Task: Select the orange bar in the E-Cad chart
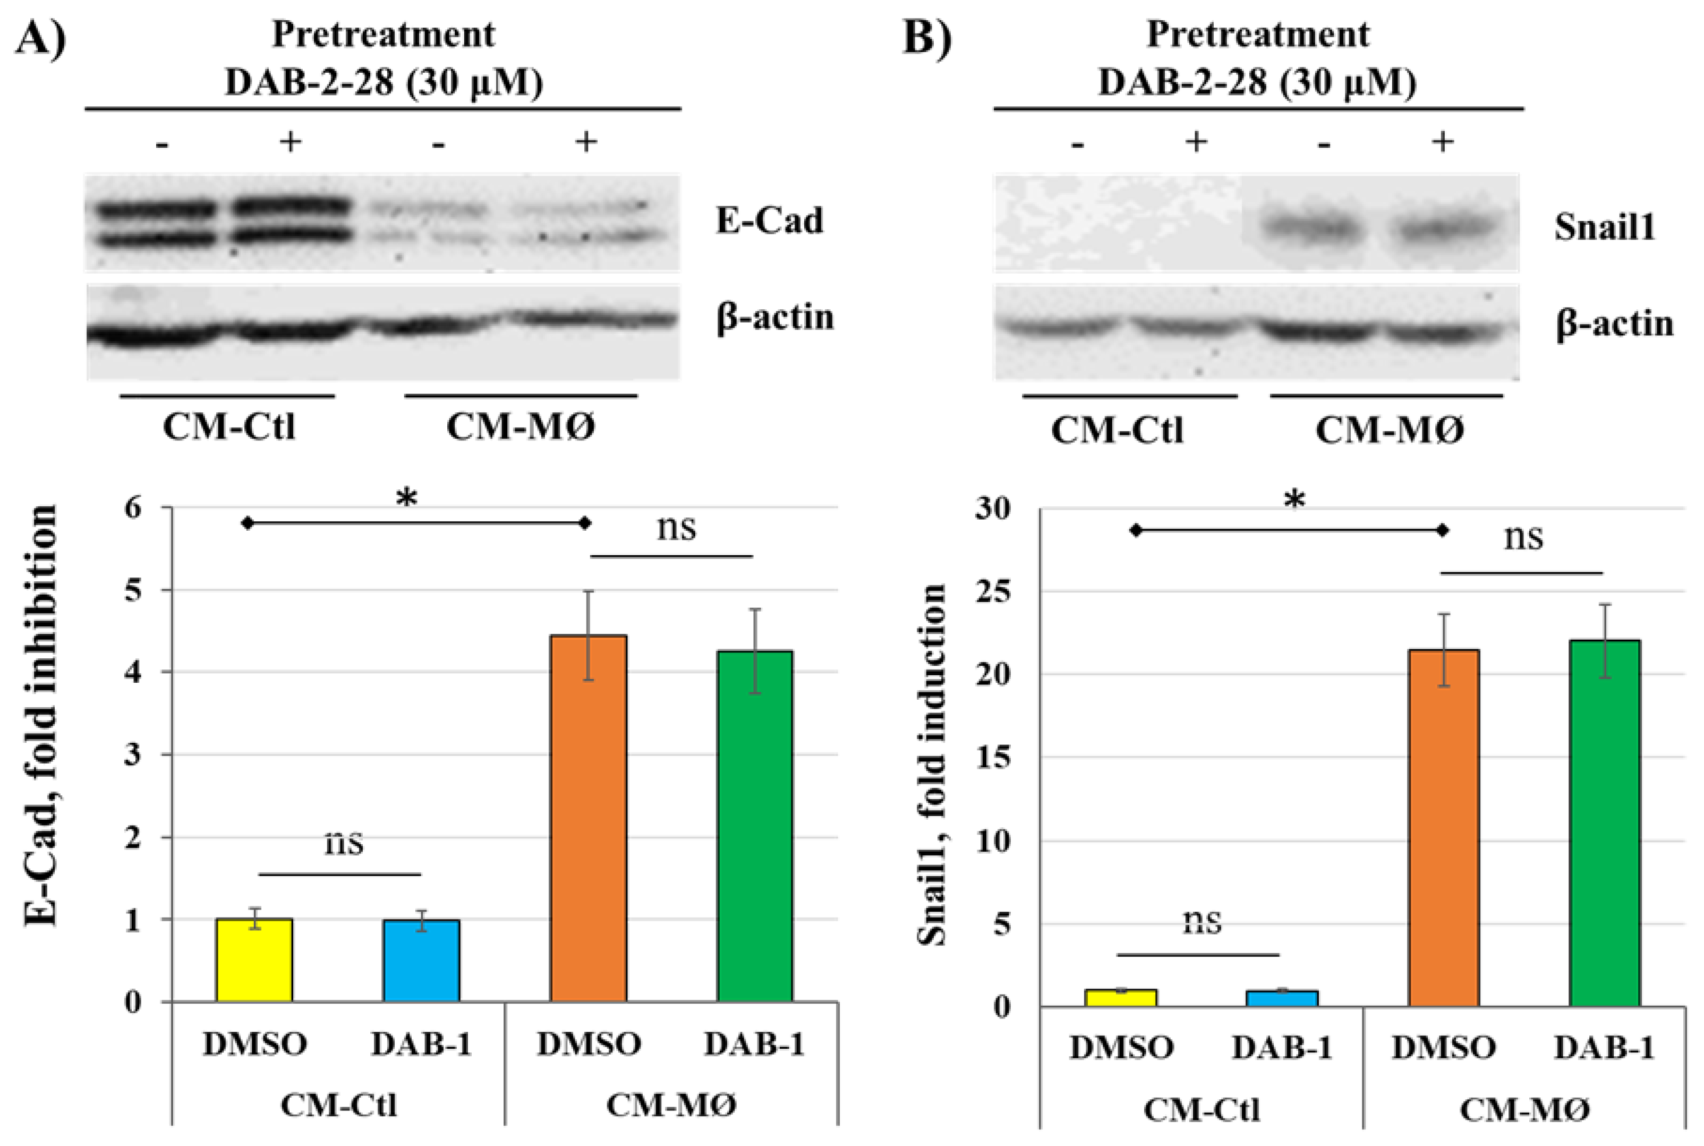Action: [x=588, y=819]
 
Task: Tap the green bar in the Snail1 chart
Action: [x=1604, y=823]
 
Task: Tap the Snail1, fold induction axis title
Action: [x=932, y=765]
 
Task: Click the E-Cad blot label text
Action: [x=769, y=220]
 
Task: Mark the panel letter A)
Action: [x=41, y=37]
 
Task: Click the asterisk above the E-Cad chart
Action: [x=406, y=499]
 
